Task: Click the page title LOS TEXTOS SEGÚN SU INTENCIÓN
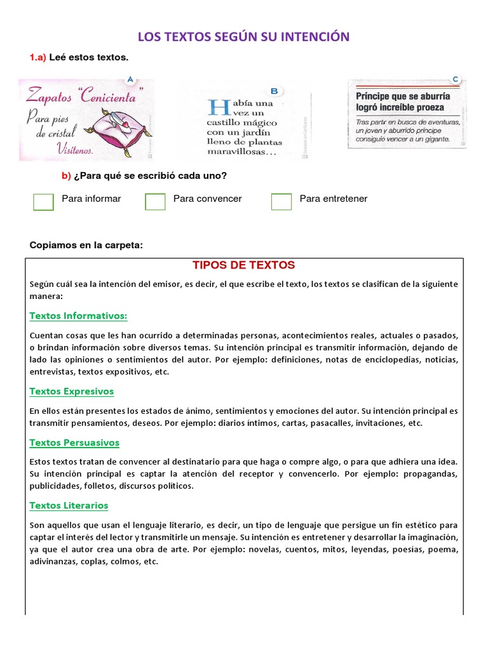point(244,37)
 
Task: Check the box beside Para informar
point(43,201)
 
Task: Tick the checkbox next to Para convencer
point(155,201)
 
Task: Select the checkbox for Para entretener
point(281,201)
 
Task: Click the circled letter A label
point(130,80)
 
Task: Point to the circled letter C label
point(455,79)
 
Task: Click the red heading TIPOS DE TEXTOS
point(244,265)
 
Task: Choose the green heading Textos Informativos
point(79,315)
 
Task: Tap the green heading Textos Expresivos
point(72,392)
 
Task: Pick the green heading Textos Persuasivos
point(74,442)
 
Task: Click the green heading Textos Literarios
point(69,505)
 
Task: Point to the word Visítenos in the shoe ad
point(74,150)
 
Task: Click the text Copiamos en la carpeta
point(86,246)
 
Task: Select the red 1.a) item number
point(38,58)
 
